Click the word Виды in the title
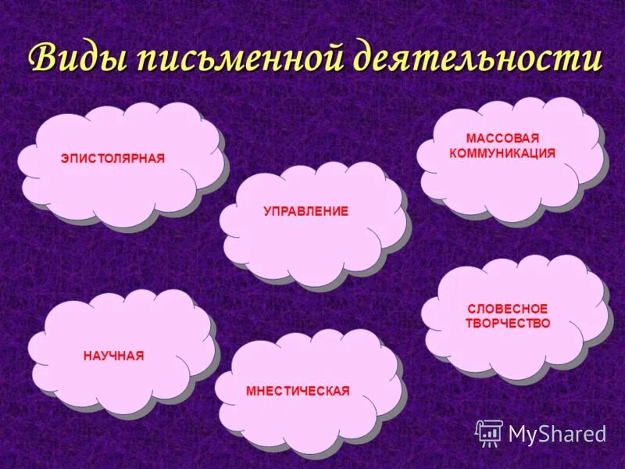coord(77,59)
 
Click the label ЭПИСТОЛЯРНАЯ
coord(112,159)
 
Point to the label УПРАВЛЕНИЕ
coord(306,212)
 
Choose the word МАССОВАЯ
coord(502,138)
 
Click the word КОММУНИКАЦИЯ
coord(502,153)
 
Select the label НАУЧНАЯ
coord(113,356)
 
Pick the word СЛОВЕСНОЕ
coord(508,309)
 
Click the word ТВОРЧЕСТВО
coord(508,323)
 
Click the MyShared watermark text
coord(557,434)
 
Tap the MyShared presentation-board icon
coord(489,433)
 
